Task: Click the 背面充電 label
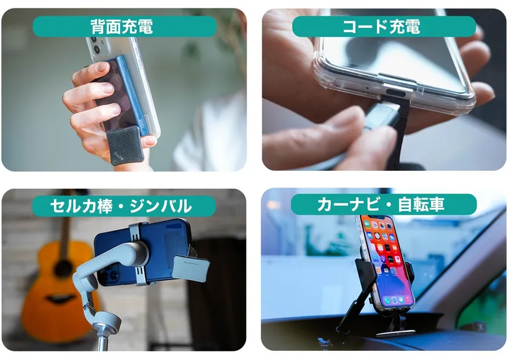[x=122, y=26]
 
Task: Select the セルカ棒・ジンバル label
[x=121, y=206]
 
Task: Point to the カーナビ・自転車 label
[x=381, y=204]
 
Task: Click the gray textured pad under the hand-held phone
[x=125, y=145]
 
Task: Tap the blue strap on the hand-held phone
[x=134, y=94]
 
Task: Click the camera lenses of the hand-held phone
[x=96, y=45]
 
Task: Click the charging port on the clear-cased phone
[x=396, y=94]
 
